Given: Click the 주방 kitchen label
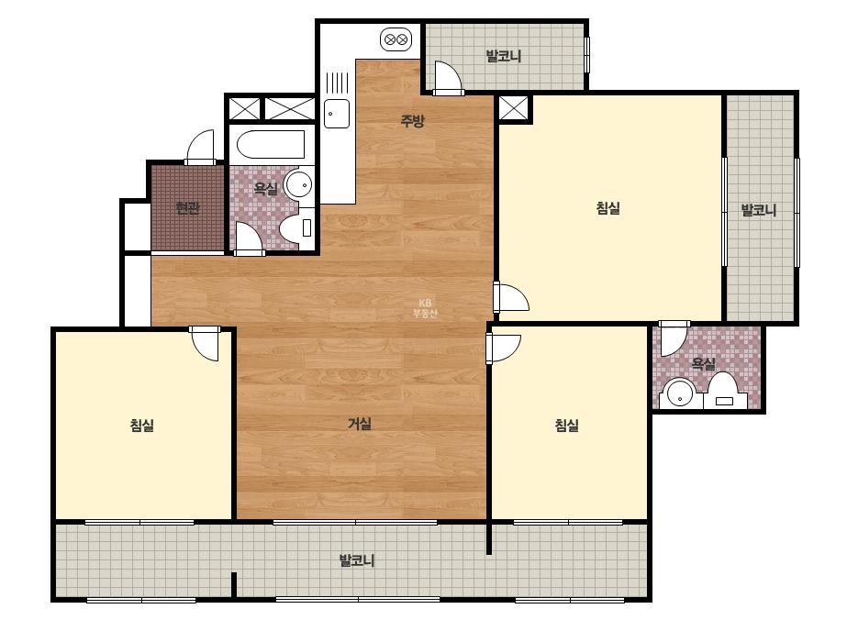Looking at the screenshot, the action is coord(412,120).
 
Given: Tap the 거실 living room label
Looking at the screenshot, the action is coord(359,424).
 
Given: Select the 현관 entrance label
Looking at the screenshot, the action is coord(187,208).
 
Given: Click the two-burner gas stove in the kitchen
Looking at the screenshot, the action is coord(396,39).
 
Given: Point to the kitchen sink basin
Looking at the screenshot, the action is coord(337,114).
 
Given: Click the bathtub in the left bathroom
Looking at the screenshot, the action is coord(271,144).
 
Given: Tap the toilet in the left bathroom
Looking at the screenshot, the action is coord(296,227).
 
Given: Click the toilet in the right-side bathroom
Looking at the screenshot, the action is coord(723,391).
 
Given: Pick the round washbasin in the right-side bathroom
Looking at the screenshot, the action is coord(678,394).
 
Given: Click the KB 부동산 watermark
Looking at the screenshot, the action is coord(425,308).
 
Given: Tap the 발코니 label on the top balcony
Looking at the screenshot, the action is coord(504,56).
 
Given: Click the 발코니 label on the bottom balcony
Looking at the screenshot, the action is coord(357,560).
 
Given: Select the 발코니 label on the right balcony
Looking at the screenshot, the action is coord(758,210).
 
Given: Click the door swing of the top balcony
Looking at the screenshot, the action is coord(447,77).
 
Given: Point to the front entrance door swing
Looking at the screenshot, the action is coord(200,147).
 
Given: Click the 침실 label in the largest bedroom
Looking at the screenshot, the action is coord(607,208).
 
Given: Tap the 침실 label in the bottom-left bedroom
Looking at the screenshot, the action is coord(142,425).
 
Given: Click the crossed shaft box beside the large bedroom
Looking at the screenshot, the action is coord(513,108).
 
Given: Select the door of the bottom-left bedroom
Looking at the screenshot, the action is coord(206,344).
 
